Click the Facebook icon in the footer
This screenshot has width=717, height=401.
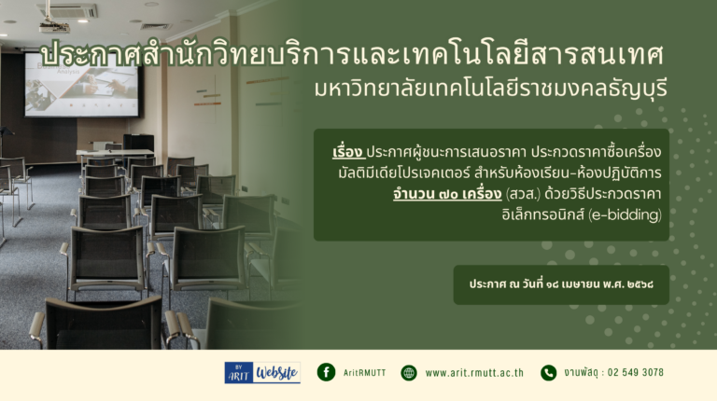tap(326, 372)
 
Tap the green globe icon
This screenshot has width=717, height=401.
tap(409, 373)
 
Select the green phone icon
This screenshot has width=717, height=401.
tap(548, 373)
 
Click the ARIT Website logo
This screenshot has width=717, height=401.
tap(262, 373)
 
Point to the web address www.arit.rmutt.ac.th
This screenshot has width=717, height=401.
tap(474, 373)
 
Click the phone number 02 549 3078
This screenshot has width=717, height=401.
tap(636, 372)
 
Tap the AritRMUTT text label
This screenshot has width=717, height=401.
tap(364, 373)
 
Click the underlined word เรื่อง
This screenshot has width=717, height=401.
tap(348, 152)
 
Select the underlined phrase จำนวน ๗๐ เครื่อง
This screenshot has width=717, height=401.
tap(447, 194)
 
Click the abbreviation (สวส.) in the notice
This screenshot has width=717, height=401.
tap(523, 194)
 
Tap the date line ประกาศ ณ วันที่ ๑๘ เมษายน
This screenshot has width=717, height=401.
tap(534, 284)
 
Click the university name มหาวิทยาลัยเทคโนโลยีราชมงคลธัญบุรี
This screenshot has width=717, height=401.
tap(491, 88)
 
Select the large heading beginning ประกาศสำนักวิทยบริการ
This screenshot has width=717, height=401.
tap(352, 54)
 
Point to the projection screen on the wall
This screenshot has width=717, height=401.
tap(82, 85)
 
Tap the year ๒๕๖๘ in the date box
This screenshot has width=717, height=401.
tap(640, 284)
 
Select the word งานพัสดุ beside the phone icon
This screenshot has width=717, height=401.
tap(581, 372)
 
